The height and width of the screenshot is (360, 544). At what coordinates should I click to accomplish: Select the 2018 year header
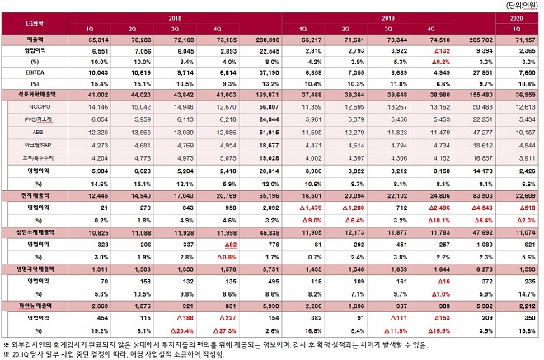[x=175, y=16]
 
